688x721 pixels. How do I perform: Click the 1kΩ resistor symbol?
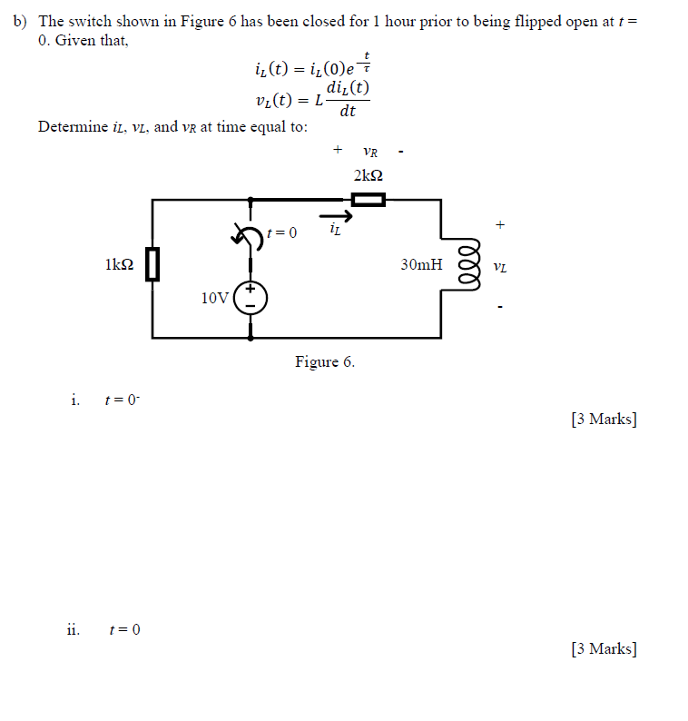(152, 264)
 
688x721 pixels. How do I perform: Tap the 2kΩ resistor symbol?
(368, 200)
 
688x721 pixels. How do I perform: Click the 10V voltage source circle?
(251, 297)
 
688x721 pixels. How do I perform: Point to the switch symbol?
(248, 235)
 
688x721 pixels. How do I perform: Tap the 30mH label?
(421, 265)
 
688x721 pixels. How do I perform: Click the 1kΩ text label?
(120, 265)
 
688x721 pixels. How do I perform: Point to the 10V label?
(215, 297)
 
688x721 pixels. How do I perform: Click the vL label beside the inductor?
(499, 267)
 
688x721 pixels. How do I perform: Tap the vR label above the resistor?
(369, 152)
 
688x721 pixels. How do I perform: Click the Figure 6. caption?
(325, 362)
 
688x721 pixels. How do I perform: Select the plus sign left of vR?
(338, 148)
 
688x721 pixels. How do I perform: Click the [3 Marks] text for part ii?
(604, 648)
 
